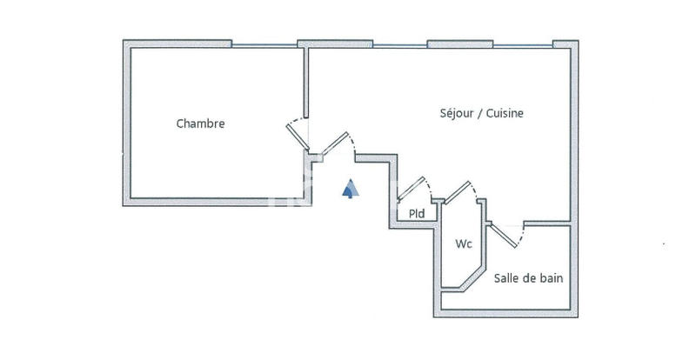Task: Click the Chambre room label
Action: tap(200, 123)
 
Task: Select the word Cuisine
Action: tap(505, 113)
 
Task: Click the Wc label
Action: tap(464, 244)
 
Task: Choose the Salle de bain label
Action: tap(528, 278)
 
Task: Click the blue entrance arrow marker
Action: tap(349, 189)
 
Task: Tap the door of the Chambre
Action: tap(298, 137)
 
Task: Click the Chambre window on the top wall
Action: tap(264, 43)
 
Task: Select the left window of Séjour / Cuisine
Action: tap(400, 43)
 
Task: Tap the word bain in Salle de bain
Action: tap(550, 278)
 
